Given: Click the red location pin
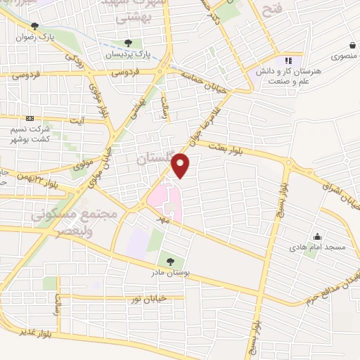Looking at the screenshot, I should click(x=181, y=165).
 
